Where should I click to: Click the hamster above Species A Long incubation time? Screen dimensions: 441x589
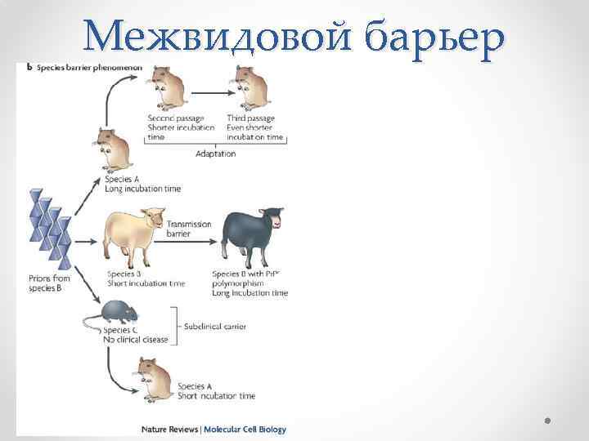click(x=115, y=149)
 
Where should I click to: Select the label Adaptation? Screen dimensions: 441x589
click(x=216, y=154)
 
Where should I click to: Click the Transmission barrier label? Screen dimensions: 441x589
click(x=189, y=229)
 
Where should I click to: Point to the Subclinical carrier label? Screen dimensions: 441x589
click(x=216, y=327)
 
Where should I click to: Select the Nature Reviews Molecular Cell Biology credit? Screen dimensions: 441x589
click(x=214, y=429)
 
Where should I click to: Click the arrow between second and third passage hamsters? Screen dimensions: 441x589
click(x=209, y=82)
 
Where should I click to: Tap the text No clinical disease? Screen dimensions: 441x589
click(x=136, y=340)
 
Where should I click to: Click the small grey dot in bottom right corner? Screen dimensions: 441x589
click(x=547, y=420)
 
